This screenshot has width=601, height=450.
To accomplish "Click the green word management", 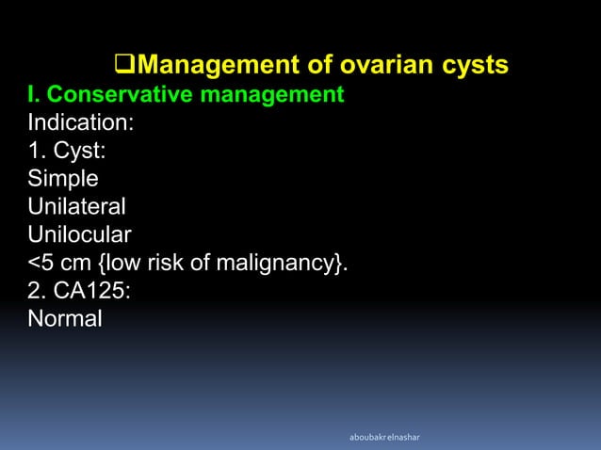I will pyautogui.click(x=279, y=95).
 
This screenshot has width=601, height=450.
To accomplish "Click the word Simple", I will pyautogui.click(x=63, y=178).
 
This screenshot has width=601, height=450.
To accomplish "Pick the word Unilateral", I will pyautogui.click(x=76, y=206).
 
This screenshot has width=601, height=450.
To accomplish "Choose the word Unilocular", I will pyautogui.click(x=80, y=233).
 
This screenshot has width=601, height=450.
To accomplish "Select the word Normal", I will pyautogui.click(x=65, y=318).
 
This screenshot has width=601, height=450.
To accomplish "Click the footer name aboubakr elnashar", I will pyautogui.click(x=386, y=437).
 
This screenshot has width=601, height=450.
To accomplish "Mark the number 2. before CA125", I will pyautogui.click(x=36, y=290).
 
